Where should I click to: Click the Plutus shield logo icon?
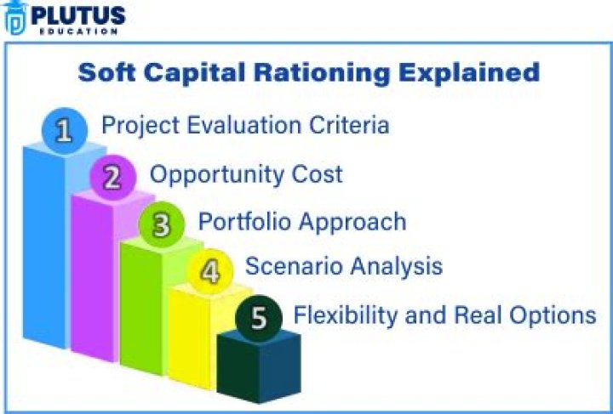click(16, 17)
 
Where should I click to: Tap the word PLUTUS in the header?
click(78, 14)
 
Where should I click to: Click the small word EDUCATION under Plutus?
click(77, 31)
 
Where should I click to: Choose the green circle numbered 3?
click(161, 225)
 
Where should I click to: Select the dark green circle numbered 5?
click(258, 318)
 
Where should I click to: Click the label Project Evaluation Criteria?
click(245, 125)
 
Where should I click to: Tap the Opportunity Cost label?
click(246, 174)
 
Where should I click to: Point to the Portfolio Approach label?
click(301, 222)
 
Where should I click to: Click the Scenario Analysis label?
click(343, 266)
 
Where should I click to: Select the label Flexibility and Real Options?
click(444, 315)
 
